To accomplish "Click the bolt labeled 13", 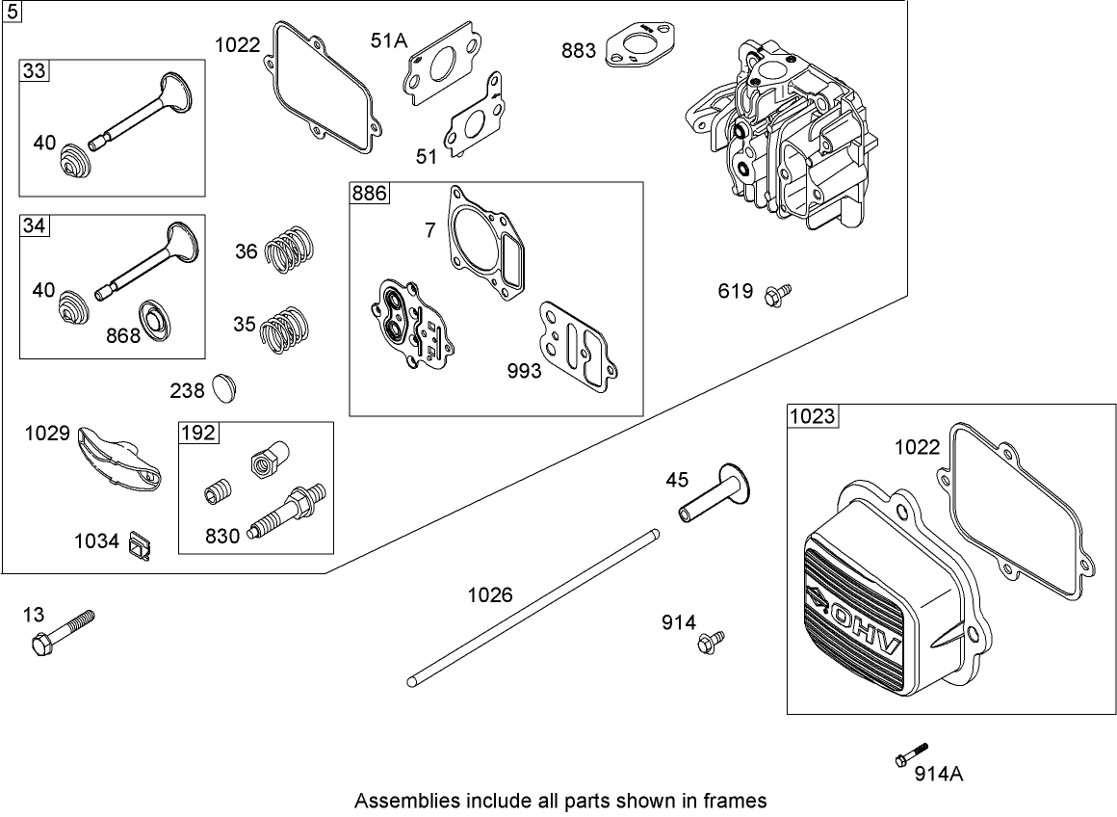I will click(x=64, y=631).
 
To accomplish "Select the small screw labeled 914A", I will click(x=911, y=754).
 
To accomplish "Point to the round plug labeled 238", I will click(x=224, y=388).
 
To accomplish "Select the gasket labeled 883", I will click(x=640, y=50).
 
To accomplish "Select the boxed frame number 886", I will click(x=369, y=194).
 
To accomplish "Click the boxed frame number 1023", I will click(x=813, y=416).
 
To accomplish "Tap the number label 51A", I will click(x=389, y=40).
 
